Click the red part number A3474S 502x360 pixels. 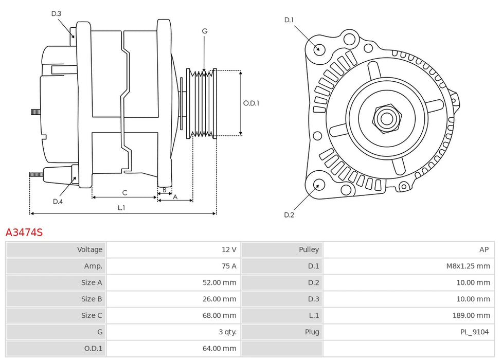click(24, 232)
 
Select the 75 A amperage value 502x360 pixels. click(229, 266)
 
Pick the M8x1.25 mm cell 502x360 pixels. click(468, 266)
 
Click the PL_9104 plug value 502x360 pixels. click(475, 332)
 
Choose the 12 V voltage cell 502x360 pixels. click(229, 249)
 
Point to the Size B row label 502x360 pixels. click(92, 299)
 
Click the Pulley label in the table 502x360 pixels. click(309, 249)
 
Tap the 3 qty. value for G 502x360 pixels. click(226, 332)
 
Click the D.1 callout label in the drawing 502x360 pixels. click(289, 20)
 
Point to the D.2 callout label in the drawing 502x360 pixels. click(289, 215)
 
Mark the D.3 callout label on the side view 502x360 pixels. click(56, 14)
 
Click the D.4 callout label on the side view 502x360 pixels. click(58, 202)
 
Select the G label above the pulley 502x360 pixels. click(205, 31)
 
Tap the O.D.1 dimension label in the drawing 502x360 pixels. click(251, 103)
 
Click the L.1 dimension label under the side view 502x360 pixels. click(121, 208)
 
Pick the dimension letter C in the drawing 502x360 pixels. click(124, 193)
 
